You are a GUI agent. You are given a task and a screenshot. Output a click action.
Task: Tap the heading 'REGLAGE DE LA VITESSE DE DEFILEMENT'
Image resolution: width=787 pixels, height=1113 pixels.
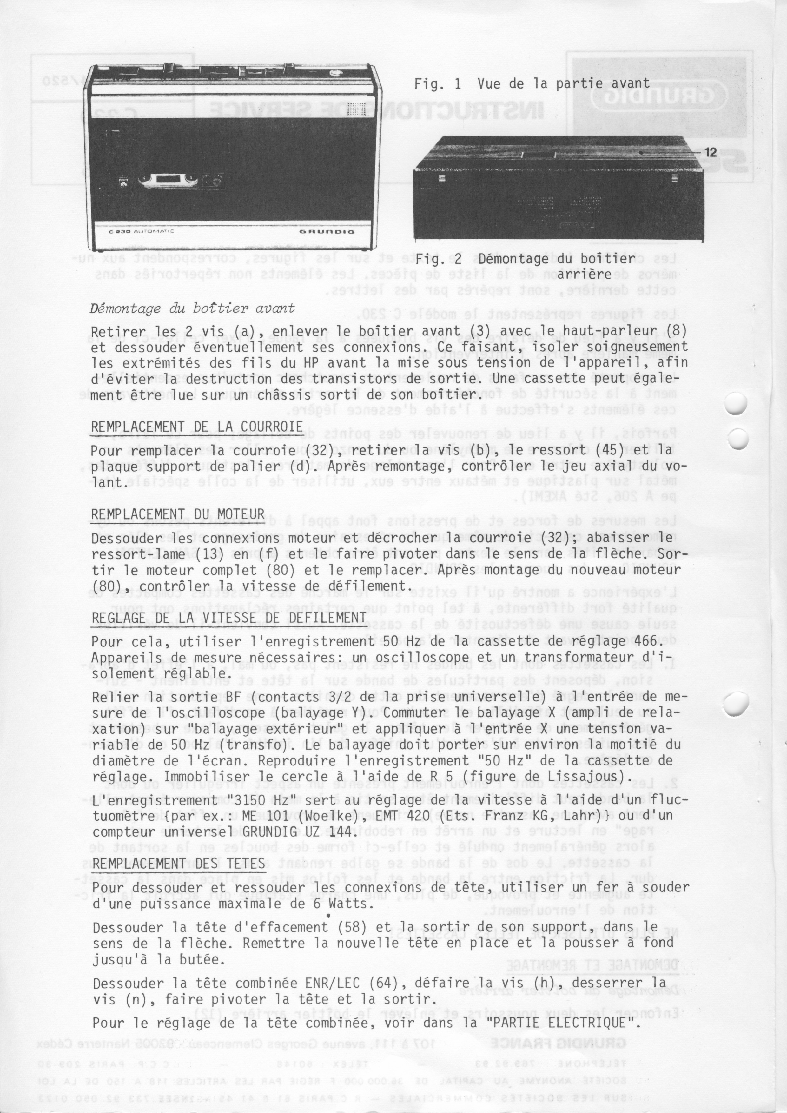pyautogui.click(x=229, y=618)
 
